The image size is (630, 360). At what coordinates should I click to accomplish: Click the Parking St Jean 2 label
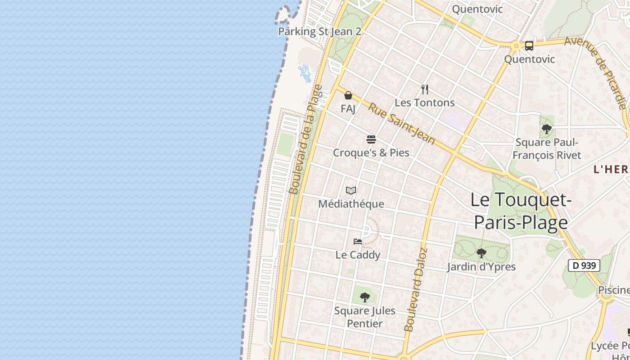coord(319,31)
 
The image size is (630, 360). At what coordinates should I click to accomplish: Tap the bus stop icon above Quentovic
coord(529,45)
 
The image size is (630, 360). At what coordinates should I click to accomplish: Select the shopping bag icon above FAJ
coord(348,95)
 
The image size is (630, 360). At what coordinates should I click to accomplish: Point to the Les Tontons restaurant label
coord(425,103)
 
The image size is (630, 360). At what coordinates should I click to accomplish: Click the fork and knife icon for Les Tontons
coord(425,89)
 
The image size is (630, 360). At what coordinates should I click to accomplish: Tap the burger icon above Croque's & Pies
coord(371,139)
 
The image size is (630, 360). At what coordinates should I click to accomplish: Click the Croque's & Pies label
coord(371,153)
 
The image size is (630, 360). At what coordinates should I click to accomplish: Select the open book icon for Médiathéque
coord(351,191)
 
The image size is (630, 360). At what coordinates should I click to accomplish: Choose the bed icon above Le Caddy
coord(358,242)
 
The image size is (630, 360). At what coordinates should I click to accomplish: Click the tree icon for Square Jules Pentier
coord(365,297)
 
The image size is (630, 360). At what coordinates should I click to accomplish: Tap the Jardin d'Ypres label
coord(481,267)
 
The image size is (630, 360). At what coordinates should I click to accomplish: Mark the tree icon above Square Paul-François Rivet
coord(547,129)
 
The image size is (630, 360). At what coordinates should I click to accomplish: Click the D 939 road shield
coord(585,265)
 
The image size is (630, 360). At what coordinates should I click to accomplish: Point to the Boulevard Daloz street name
coord(415,290)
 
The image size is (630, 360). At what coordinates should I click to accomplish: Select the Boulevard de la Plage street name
coord(306,139)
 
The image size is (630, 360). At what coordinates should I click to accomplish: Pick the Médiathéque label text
coord(351,204)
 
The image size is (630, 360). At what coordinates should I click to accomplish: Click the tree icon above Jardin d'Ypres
coord(481,253)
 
